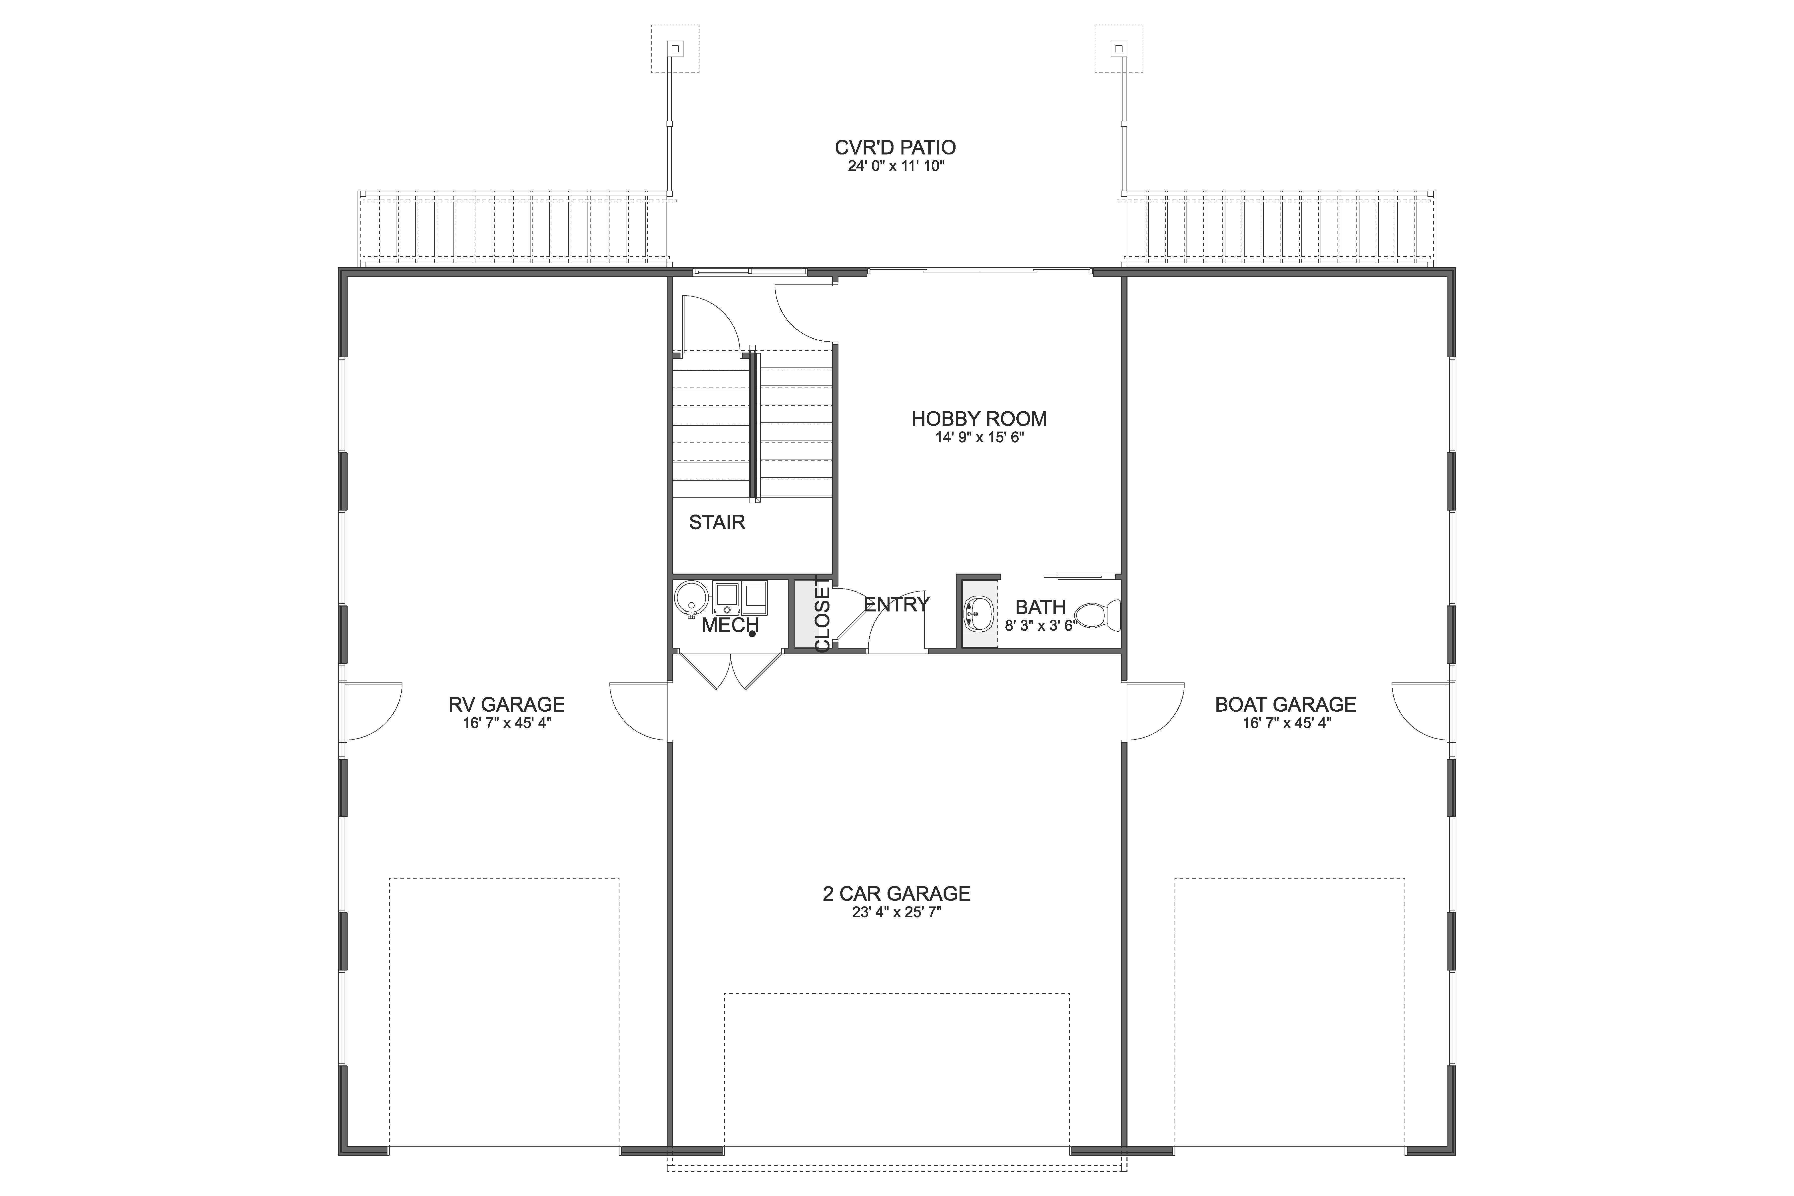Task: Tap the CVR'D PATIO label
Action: pyautogui.click(x=896, y=147)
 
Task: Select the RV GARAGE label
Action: pyautogui.click(x=507, y=704)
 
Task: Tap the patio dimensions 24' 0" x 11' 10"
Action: pyautogui.click(x=896, y=166)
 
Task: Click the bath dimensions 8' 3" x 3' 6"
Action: pyautogui.click(x=1040, y=626)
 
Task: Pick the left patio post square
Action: pyautogui.click(x=675, y=49)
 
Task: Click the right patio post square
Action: pyautogui.click(x=1119, y=49)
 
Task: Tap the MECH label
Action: pyautogui.click(x=730, y=625)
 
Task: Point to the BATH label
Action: pyautogui.click(x=1041, y=607)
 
